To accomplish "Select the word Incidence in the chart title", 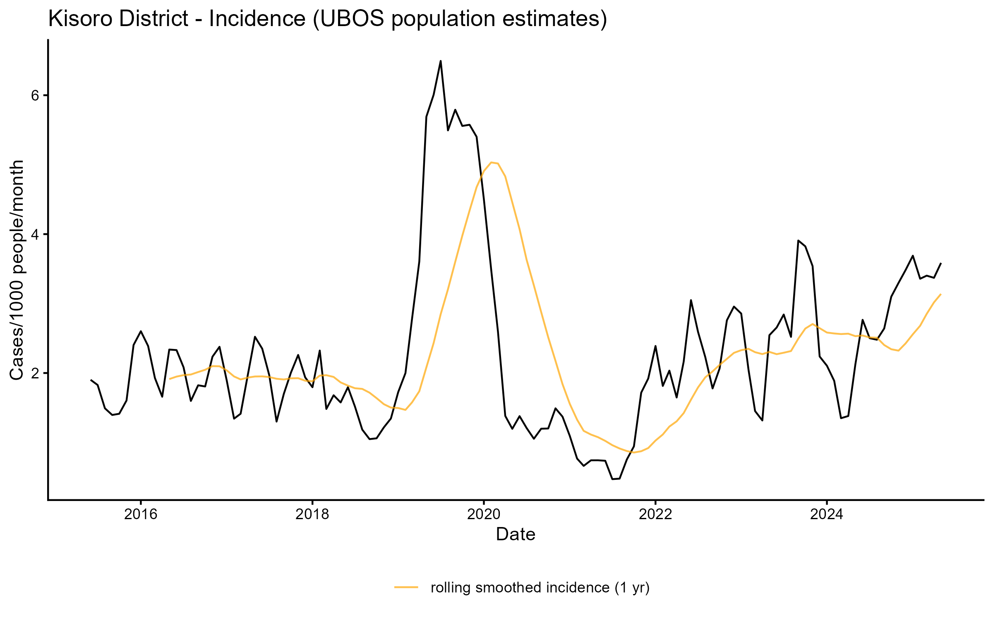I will pyautogui.click(x=257, y=19).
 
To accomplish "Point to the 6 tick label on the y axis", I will pyautogui.click(x=36, y=95).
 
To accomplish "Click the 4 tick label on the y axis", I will pyautogui.click(x=36, y=234).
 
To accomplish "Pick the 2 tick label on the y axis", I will pyautogui.click(x=36, y=373).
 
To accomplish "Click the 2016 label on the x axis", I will pyautogui.click(x=141, y=514).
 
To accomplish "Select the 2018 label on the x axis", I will pyautogui.click(x=312, y=514).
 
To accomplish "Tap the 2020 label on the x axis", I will pyautogui.click(x=484, y=514).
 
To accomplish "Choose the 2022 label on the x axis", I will pyautogui.click(x=655, y=514).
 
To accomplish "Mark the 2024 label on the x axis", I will pyautogui.click(x=827, y=514).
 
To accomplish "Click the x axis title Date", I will pyautogui.click(x=516, y=534).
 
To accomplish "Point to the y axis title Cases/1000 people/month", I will pyautogui.click(x=17, y=270).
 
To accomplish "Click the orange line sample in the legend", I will pyautogui.click(x=406, y=587).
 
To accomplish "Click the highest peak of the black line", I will pyautogui.click(x=441, y=61).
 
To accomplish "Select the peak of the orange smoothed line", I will pyautogui.click(x=491, y=162).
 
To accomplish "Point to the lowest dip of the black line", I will pyautogui.click(x=613, y=479).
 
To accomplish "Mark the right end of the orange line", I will pyautogui.click(x=941, y=294).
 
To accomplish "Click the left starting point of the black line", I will pyautogui.click(x=91, y=380).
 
